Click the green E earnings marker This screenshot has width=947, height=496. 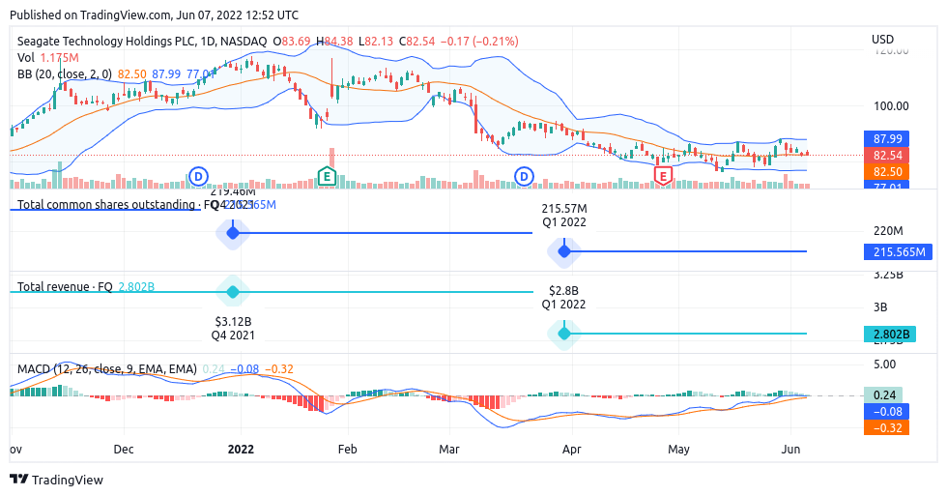pos(327,176)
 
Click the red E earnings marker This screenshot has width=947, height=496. pos(663,176)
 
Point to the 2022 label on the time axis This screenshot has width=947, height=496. pos(241,450)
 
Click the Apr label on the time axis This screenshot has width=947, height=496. pos(571,450)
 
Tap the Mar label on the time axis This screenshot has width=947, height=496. pos(448,450)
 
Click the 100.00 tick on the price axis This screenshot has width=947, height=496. pos(889,106)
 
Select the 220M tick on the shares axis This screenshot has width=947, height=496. pos(887,231)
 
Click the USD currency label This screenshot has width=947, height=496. pos(882,40)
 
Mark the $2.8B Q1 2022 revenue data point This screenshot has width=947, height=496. pos(563,334)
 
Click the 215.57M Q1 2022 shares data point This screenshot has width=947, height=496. pos(563,251)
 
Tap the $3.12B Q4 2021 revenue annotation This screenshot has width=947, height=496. pos(232,327)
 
